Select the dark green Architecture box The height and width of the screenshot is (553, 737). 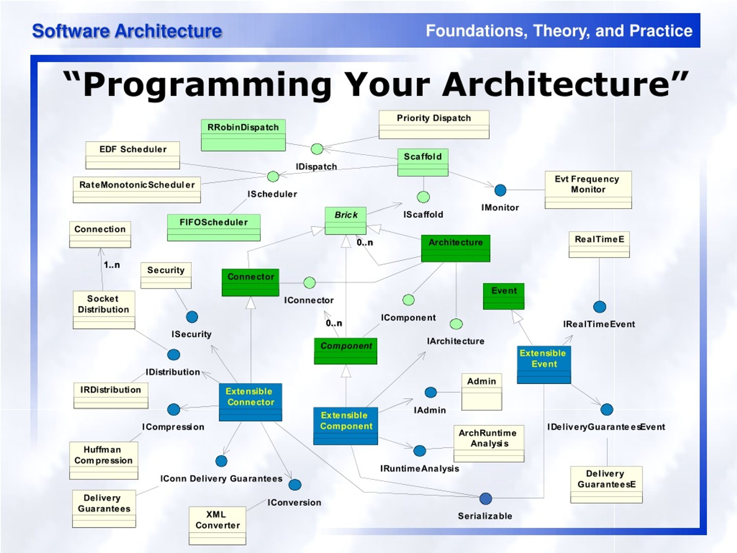(x=455, y=248)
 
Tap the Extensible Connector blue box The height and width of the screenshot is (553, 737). (x=250, y=402)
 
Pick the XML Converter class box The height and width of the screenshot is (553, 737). (x=217, y=525)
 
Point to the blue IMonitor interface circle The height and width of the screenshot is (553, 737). (x=500, y=190)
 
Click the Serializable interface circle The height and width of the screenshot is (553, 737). (x=485, y=499)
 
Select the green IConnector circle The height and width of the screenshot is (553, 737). (x=309, y=283)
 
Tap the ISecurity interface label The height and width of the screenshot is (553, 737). (x=191, y=334)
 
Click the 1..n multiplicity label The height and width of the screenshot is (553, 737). (x=112, y=265)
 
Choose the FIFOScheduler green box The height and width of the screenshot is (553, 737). (x=214, y=227)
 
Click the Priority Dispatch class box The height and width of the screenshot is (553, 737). (x=434, y=124)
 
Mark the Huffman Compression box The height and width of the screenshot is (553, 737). (x=103, y=460)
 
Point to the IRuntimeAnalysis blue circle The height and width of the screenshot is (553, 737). (x=419, y=451)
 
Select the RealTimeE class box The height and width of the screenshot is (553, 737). (x=599, y=244)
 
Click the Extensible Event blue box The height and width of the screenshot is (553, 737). (x=544, y=365)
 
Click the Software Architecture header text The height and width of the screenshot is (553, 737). (x=127, y=31)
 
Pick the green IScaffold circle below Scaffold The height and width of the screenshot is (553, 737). (x=423, y=197)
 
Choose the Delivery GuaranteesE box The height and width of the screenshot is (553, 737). (x=606, y=484)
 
